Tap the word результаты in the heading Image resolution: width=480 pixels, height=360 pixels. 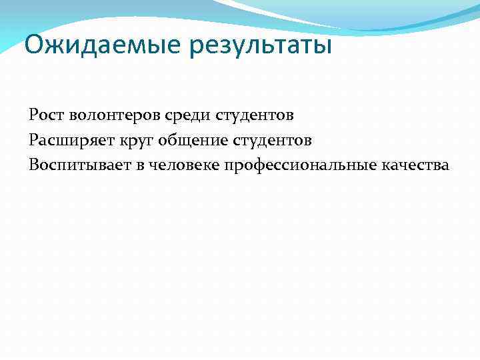(261, 47)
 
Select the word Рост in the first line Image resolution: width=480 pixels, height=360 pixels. (45, 116)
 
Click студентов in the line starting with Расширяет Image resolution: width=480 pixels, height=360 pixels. (275, 141)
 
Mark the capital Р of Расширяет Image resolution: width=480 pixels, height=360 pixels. (33, 140)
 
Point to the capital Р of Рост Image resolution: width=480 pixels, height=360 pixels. (33, 115)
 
